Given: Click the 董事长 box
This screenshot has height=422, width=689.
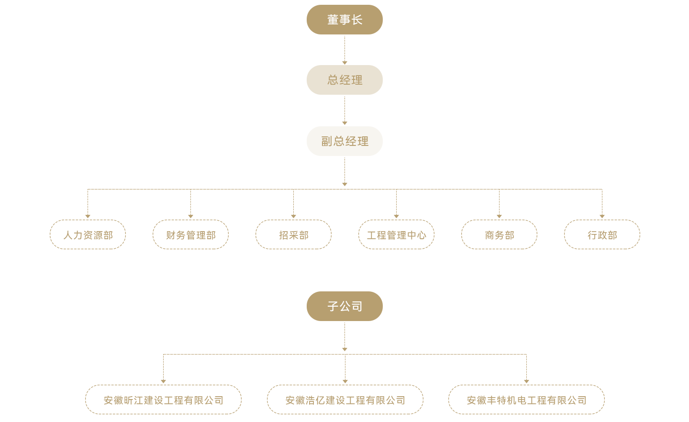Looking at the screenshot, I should [344, 20].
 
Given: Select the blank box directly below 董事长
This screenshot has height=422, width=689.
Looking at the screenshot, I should [344, 80].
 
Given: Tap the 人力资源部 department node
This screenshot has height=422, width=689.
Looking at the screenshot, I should [88, 234].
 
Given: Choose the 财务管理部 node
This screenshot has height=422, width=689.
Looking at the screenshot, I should [190, 234].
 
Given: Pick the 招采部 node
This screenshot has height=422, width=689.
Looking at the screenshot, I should [293, 234].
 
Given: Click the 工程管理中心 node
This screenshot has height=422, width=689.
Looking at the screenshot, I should [396, 234].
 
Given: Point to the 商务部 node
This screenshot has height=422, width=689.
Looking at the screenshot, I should [499, 234].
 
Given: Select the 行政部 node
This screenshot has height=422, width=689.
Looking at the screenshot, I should [602, 234].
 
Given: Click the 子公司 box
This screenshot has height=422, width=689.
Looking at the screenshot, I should [344, 306].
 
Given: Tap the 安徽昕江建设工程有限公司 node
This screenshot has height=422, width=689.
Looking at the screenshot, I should [163, 400].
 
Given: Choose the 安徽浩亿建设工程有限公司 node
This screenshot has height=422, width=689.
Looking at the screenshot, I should [345, 400].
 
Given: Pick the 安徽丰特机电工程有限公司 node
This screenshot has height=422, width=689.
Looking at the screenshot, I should [526, 400].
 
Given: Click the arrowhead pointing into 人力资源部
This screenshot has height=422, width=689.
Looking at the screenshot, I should [88, 216].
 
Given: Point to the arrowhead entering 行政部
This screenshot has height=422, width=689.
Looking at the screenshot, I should [602, 216].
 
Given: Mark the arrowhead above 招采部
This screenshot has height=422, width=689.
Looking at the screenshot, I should [293, 216].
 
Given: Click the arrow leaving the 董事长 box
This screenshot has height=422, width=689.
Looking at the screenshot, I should [344, 62].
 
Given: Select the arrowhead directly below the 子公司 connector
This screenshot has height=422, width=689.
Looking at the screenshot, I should [344, 349].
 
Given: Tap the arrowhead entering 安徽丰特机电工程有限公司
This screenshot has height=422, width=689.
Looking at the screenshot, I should [526, 381].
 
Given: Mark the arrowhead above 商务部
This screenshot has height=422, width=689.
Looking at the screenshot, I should [499, 216].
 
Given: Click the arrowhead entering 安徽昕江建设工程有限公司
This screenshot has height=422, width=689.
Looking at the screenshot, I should [163, 381].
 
